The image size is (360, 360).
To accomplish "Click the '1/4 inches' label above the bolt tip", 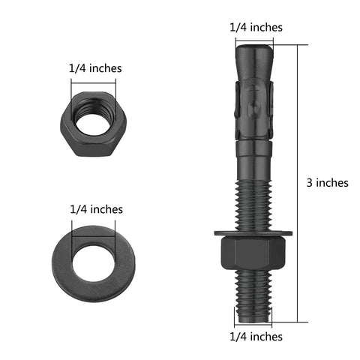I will click(x=256, y=27).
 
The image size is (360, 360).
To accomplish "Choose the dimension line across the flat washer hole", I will click(x=94, y=225).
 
